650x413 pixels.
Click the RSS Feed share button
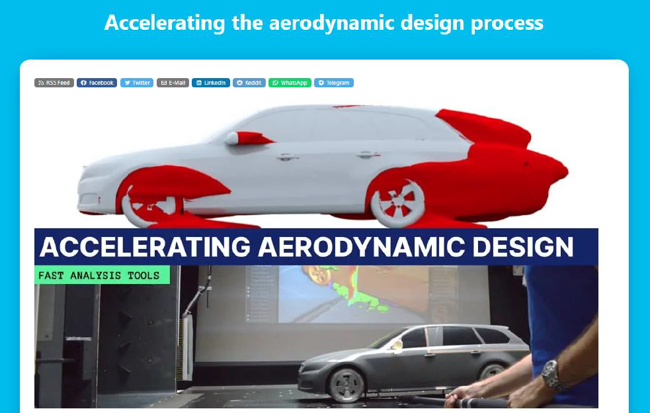tap(54, 83)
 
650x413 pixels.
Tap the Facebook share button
tap(97, 83)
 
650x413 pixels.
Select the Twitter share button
tap(137, 83)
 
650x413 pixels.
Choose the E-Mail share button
tap(173, 83)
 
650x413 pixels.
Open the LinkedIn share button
tap(210, 83)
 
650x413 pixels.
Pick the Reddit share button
tap(249, 83)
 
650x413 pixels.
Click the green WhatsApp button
tap(290, 83)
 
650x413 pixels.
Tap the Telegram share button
tap(334, 83)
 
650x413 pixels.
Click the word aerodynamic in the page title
tap(331, 23)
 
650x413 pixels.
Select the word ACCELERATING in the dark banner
tap(145, 247)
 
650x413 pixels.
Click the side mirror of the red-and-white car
tap(248, 138)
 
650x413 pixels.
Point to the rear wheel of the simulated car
tap(397, 203)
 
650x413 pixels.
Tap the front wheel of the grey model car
tap(346, 385)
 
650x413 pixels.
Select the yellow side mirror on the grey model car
tap(397, 344)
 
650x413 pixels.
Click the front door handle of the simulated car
tap(287, 158)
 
